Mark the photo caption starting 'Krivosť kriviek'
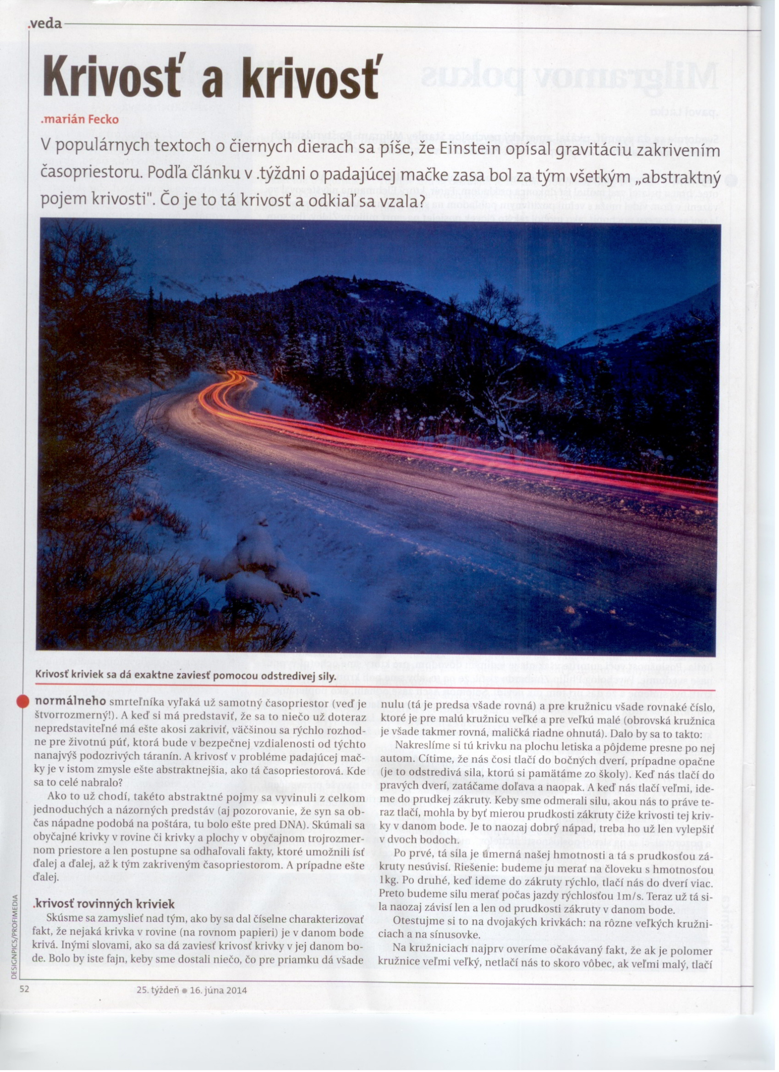[186, 676]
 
